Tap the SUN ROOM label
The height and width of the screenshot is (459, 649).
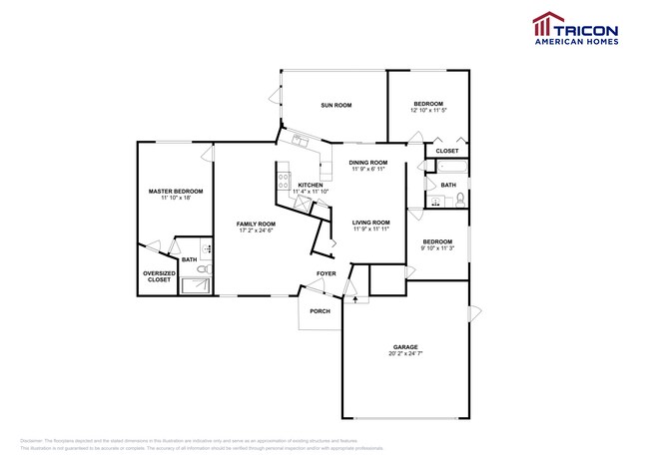pyautogui.click(x=335, y=105)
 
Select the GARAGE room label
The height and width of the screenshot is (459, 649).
pyautogui.click(x=404, y=347)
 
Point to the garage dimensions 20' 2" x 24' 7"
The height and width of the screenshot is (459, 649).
pyautogui.click(x=404, y=354)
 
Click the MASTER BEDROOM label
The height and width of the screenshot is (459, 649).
pyautogui.click(x=176, y=191)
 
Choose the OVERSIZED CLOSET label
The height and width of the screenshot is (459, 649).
pyautogui.click(x=160, y=276)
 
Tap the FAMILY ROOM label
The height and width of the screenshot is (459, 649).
pyautogui.click(x=256, y=224)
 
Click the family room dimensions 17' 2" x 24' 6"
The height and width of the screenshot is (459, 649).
pyautogui.click(x=256, y=230)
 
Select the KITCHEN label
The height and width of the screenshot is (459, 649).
pyautogui.click(x=311, y=185)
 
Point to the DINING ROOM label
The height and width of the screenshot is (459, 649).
pyautogui.click(x=368, y=162)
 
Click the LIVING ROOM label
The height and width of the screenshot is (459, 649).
pyautogui.click(x=370, y=222)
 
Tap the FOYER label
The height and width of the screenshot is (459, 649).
pyautogui.click(x=326, y=273)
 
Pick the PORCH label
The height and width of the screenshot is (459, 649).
pyautogui.click(x=320, y=311)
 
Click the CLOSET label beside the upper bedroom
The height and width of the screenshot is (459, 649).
pyautogui.click(x=447, y=151)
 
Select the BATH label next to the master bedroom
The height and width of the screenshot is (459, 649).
pyautogui.click(x=189, y=260)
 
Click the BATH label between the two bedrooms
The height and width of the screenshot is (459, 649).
pyautogui.click(x=448, y=185)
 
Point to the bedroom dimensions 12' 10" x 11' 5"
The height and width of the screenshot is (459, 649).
pyautogui.click(x=428, y=111)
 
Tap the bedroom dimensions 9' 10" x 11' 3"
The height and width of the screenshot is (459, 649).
pyautogui.click(x=437, y=248)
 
